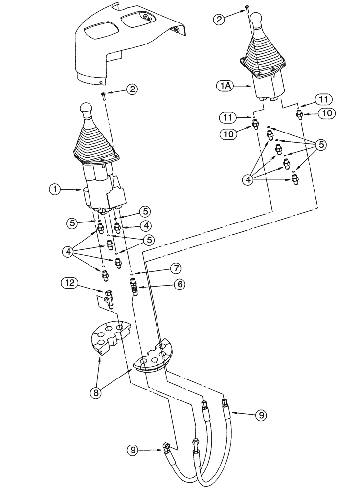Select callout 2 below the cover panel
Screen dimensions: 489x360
tap(131, 89)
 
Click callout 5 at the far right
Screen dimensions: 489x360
tap(321, 145)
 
